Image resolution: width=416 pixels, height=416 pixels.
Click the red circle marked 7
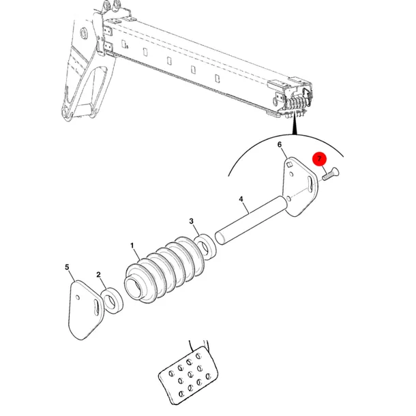319,159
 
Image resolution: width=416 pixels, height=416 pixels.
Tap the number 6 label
280,145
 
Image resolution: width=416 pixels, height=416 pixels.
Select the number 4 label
241,199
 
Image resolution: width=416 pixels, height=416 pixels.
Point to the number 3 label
191,221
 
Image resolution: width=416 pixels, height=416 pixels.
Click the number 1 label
132,246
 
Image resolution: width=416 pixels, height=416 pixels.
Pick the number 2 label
99,275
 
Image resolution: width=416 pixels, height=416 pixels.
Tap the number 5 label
67,267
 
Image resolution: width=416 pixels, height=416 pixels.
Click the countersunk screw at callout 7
331,173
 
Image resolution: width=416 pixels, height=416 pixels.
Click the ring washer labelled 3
205,246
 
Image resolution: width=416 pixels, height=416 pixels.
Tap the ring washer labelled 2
113,300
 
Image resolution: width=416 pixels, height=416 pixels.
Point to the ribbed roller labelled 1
164,269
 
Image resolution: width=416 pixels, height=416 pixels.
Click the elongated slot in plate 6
310,184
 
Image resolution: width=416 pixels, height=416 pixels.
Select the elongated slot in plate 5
98,308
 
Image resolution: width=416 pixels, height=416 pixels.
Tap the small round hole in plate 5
78,297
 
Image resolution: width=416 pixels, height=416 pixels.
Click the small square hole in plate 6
290,164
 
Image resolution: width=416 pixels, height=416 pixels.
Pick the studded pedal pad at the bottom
188,375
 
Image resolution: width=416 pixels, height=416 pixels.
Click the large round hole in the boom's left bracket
85,33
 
